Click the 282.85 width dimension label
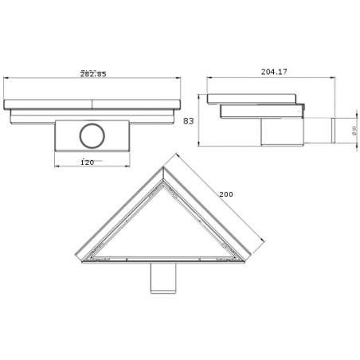click(x=94, y=74)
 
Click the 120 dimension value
click(x=88, y=162)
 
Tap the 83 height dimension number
click(x=189, y=122)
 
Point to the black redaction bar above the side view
click(x=274, y=72)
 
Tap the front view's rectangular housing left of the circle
click(x=65, y=136)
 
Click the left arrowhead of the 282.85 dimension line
click(x=6, y=77)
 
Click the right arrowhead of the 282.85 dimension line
click(x=182, y=77)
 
